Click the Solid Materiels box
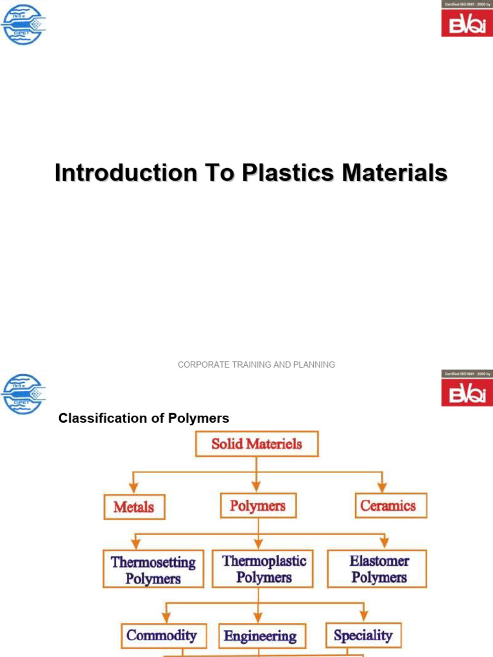point(256,443)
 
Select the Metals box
point(134,507)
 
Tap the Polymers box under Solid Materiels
point(257,506)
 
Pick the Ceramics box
point(388,506)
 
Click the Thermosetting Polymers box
point(153,570)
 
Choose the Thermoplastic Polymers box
point(264,568)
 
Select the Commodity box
point(162,635)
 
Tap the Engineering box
point(260,636)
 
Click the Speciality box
point(363,635)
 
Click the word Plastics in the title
point(281,173)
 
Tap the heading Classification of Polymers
point(144,418)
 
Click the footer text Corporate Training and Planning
point(256,364)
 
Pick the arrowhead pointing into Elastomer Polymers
point(384,545)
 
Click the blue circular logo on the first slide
point(24,24)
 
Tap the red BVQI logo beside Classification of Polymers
point(467,391)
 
